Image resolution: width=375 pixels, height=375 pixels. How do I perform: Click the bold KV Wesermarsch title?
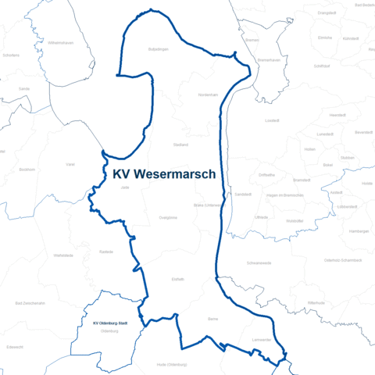pos(164,174)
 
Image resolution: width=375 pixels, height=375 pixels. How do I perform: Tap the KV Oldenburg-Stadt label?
pos(110,323)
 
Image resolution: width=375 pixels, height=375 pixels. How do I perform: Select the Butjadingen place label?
pos(159,49)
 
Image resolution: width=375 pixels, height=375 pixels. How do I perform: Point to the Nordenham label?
pos(208,95)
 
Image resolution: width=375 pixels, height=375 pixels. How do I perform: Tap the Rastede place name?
pos(107,252)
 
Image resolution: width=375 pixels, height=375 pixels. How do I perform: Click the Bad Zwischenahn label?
pos(30,303)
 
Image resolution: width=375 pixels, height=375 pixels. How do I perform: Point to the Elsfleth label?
pos(177,278)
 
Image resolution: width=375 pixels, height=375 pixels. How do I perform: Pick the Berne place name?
pos(212,319)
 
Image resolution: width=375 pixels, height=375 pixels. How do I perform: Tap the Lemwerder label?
pos(261,340)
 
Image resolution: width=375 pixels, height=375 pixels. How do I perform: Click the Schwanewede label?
pos(259,263)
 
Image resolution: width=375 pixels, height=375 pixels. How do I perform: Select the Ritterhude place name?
pos(316,302)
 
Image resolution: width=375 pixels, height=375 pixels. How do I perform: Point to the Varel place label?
pos(70,165)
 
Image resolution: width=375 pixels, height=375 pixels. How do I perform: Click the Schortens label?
pos(12,55)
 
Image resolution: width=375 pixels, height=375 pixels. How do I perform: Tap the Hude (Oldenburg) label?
pos(172,365)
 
